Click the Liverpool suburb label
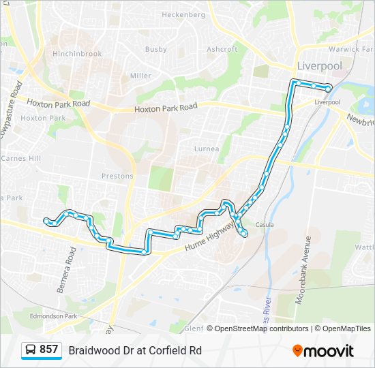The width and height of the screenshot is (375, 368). [x=319, y=67]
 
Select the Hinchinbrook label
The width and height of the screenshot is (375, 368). [x=77, y=54]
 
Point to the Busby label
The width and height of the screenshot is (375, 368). [x=155, y=49]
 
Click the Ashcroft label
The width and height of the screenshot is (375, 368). [x=222, y=49]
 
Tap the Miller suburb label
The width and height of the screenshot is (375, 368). [x=140, y=76]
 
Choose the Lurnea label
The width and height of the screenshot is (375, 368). [x=207, y=149]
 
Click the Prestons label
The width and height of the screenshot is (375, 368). [x=117, y=176]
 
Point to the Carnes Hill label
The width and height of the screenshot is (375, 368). [x=21, y=158]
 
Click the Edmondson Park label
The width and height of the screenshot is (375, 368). [x=54, y=316]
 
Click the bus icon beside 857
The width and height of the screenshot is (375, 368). [x=31, y=350]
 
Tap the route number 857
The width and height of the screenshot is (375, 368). [x=48, y=350]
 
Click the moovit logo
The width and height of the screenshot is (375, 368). [x=323, y=351]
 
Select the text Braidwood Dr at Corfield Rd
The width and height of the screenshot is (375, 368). [x=135, y=350]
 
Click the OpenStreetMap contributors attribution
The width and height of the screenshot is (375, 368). [x=261, y=328]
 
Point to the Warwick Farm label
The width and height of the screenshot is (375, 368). [x=352, y=49]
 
